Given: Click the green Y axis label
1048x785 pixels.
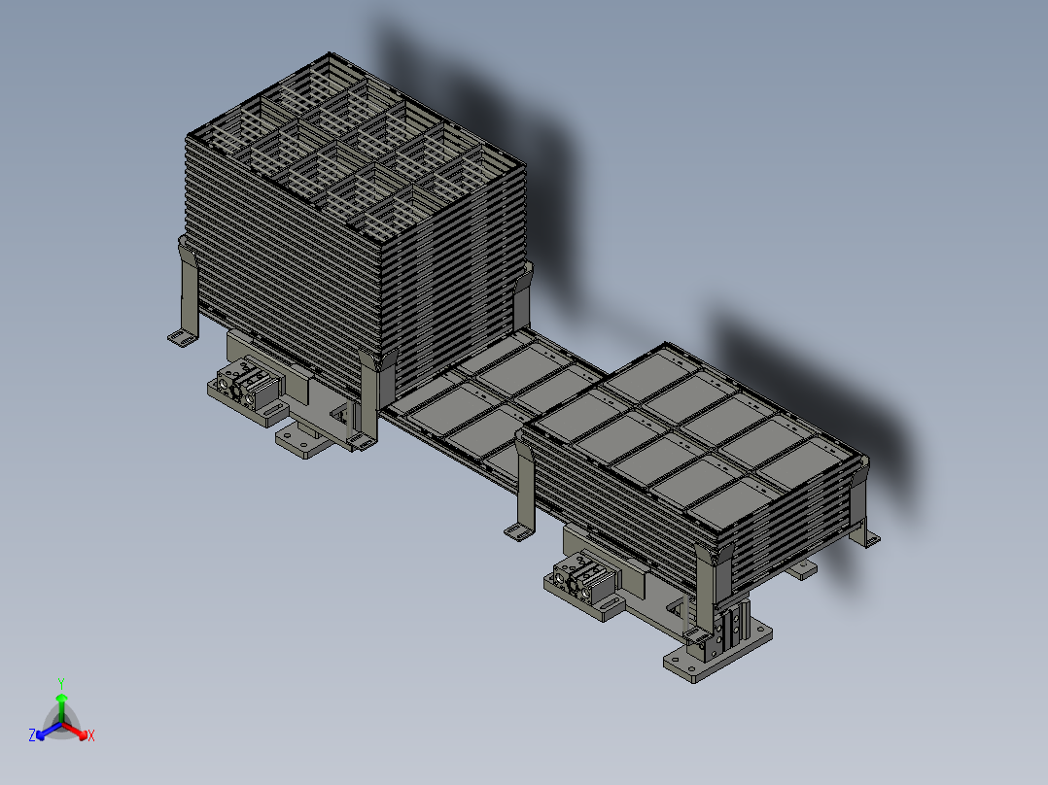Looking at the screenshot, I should click(x=60, y=682).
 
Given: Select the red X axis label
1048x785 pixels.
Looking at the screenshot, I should click(x=90, y=736).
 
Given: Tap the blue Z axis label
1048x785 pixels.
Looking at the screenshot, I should click(x=32, y=736).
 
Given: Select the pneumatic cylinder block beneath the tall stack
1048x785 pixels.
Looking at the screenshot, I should click(x=247, y=387).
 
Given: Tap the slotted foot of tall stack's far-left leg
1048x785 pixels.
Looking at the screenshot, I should click(x=180, y=337).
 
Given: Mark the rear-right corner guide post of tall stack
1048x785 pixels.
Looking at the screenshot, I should click(x=524, y=291).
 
